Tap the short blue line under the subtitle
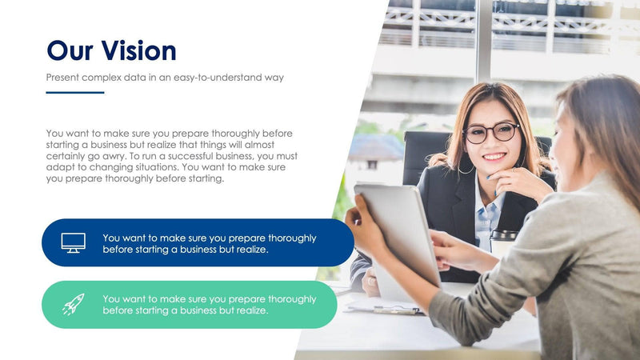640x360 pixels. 75,93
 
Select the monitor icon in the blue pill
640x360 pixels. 74,242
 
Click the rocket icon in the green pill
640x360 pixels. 73,304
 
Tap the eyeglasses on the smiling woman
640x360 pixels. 490,132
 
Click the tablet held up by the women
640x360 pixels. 398,232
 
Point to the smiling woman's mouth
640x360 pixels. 494,156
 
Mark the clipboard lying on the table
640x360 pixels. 384,308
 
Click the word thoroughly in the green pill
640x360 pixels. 288,299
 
